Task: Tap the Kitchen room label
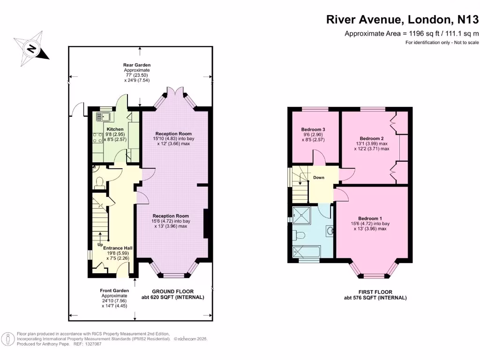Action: pyautogui.click(x=115, y=129)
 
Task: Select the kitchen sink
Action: pyautogui.click(x=104, y=117)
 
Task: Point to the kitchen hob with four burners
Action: pyautogui.click(x=98, y=137)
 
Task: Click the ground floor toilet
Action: pyautogui.click(x=99, y=183)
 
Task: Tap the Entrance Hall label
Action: pyautogui.click(x=118, y=248)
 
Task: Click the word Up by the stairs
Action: pyautogui.click(x=100, y=245)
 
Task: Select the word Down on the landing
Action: pyautogui.click(x=319, y=178)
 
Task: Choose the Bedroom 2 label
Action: pyautogui.click(x=372, y=138)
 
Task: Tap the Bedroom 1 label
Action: pyautogui.click(x=370, y=218)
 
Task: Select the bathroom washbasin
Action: pyautogui.click(x=330, y=231)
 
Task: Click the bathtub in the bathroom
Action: pyautogui.click(x=307, y=251)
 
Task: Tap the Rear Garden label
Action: pyautogui.click(x=137, y=65)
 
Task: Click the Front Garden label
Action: pyautogui.click(x=114, y=291)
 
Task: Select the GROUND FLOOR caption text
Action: pyautogui.click(x=172, y=292)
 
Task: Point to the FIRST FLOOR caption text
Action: pyautogui.click(x=375, y=292)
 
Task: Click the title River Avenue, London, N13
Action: pyautogui.click(x=403, y=19)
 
